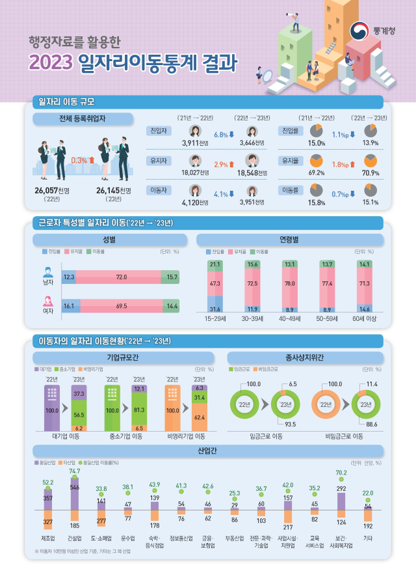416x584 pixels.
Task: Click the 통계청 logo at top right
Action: coord(369,30)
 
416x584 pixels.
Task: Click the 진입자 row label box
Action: coord(157,131)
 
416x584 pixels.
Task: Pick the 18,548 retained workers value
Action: coord(247,172)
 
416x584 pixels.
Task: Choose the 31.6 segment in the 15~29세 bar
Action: coord(215,308)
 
